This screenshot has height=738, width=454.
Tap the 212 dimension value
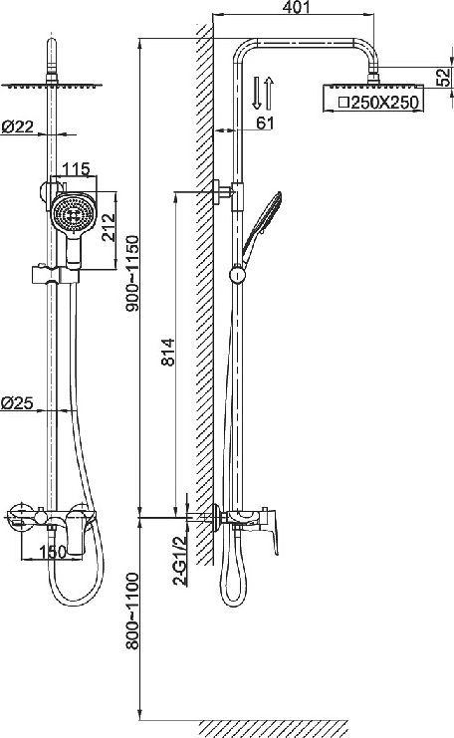[112, 225]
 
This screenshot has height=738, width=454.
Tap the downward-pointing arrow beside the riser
[257, 93]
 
